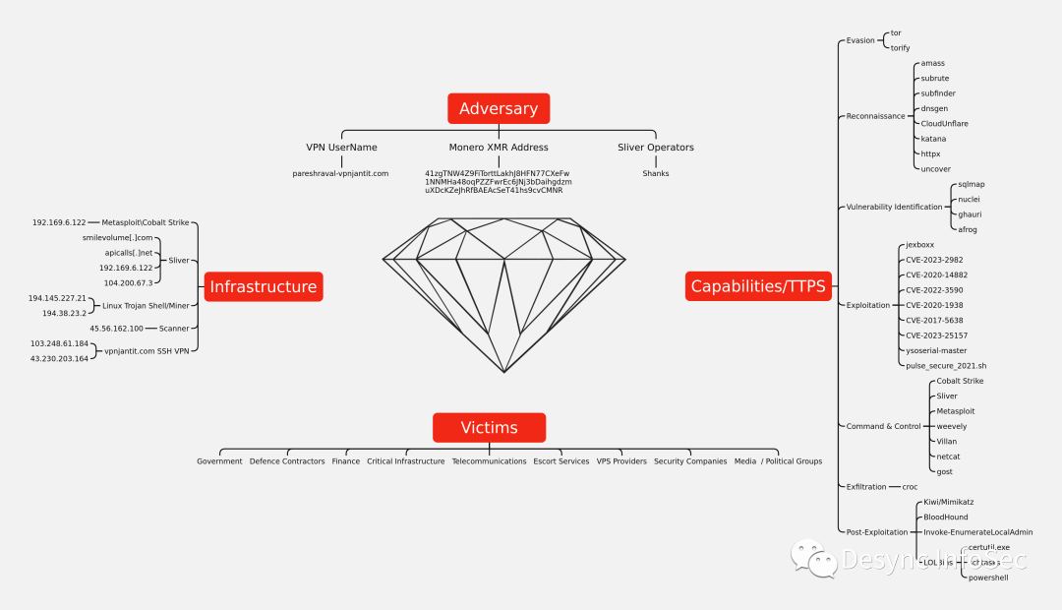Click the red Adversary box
point(499,108)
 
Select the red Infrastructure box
point(263,286)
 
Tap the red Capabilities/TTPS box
point(758,286)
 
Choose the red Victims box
point(489,427)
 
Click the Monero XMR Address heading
point(499,148)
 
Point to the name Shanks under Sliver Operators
point(656,173)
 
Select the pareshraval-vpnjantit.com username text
point(340,173)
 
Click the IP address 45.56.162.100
point(116,329)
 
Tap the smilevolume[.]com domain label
point(118,238)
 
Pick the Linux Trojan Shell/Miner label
point(146,306)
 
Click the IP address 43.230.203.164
point(59,358)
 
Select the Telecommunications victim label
point(489,461)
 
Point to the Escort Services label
point(561,461)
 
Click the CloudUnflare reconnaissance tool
point(944,124)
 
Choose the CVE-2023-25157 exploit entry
point(937,335)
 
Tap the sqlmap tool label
point(972,184)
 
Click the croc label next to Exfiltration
point(910,487)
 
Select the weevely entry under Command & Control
point(951,426)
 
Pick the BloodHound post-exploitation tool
point(946,517)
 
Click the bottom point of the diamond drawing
point(504,372)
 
